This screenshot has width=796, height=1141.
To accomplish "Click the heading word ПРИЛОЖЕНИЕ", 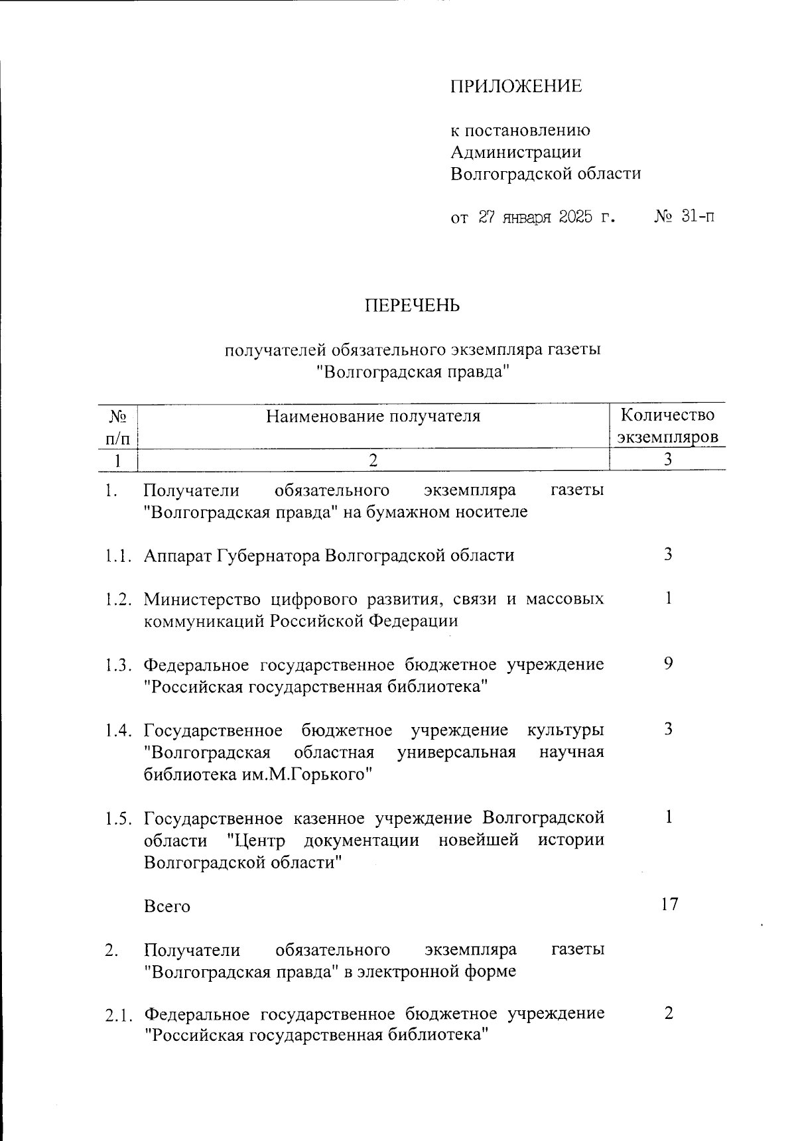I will (x=516, y=86).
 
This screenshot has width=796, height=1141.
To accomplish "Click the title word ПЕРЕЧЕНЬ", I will (x=411, y=306).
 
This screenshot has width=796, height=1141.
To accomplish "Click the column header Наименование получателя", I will (x=373, y=417).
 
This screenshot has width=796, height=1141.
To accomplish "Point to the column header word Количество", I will (x=667, y=415).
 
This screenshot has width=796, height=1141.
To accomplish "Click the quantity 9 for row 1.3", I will (x=668, y=663).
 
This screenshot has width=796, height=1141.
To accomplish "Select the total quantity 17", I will (x=669, y=904).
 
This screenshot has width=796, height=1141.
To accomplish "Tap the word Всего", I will (x=167, y=906).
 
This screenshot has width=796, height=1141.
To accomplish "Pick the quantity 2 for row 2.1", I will (x=668, y=1013).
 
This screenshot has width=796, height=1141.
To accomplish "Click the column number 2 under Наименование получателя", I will (x=373, y=460).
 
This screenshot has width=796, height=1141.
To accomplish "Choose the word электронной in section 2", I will (x=414, y=972).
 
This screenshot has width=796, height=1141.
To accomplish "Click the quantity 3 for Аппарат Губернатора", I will (x=668, y=555).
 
